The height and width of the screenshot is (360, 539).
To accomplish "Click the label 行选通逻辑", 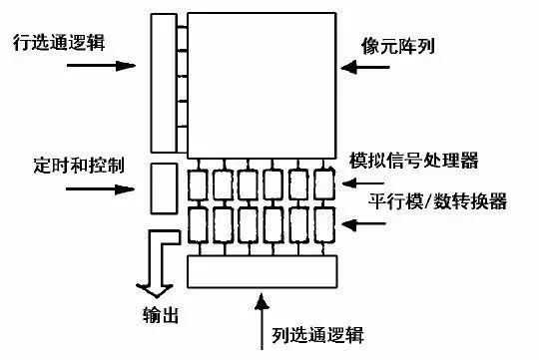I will [61, 43].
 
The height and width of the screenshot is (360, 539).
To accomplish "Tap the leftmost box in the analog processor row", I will [200, 183].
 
